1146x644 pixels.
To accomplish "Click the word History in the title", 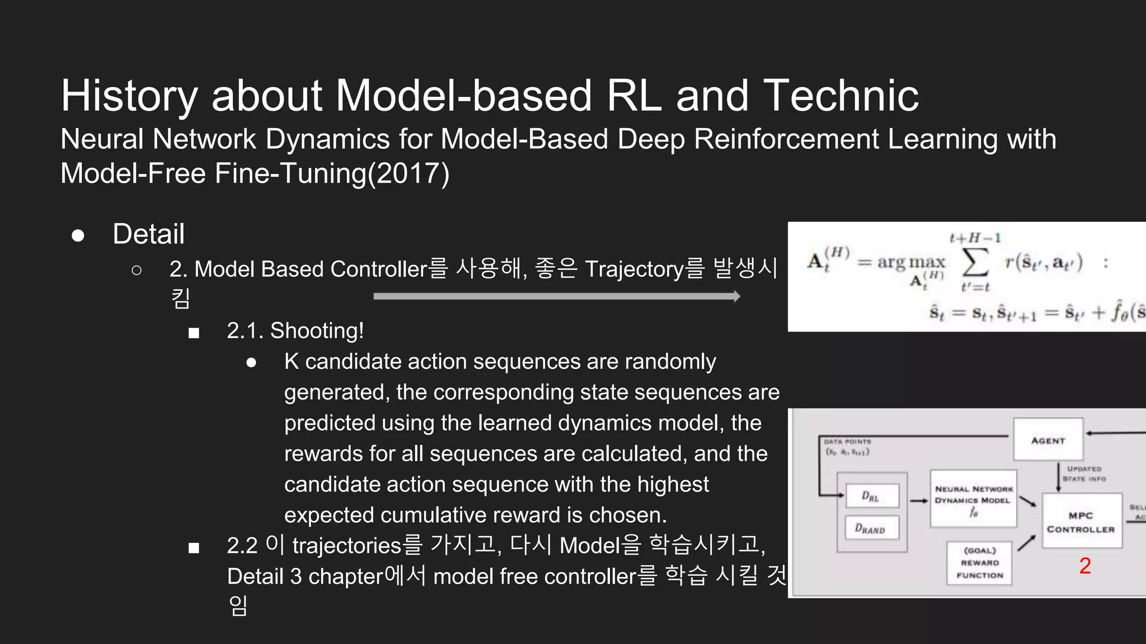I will pyautogui.click(x=129, y=96).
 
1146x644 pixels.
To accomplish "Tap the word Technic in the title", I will pyautogui.click(x=840, y=96).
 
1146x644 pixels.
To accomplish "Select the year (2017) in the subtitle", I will pyautogui.click(x=408, y=173).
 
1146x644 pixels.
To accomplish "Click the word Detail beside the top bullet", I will pyautogui.click(x=148, y=234).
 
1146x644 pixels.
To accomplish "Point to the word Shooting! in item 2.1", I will pyautogui.click(x=317, y=331).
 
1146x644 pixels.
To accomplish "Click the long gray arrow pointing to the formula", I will pyautogui.click(x=557, y=296).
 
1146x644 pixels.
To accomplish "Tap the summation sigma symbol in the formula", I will pyautogui.click(x=974, y=262).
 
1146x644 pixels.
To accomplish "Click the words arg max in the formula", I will pyautogui.click(x=911, y=262).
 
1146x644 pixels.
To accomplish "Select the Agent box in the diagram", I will pyautogui.click(x=1048, y=440).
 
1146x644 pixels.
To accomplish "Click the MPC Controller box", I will pyautogui.click(x=1081, y=522).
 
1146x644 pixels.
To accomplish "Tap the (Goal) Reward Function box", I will pyautogui.click(x=980, y=563).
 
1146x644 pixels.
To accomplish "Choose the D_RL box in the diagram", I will pyautogui.click(x=872, y=496).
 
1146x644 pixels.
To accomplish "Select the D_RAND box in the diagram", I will pyautogui.click(x=871, y=528).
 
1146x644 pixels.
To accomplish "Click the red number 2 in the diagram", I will pyautogui.click(x=1085, y=566).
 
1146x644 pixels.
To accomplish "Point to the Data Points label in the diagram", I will pyautogui.click(x=847, y=442).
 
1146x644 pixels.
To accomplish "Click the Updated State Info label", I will pyautogui.click(x=1084, y=473).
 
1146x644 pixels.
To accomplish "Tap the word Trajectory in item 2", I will pyautogui.click(x=634, y=269).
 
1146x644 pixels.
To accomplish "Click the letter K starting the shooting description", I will pyautogui.click(x=291, y=362).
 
